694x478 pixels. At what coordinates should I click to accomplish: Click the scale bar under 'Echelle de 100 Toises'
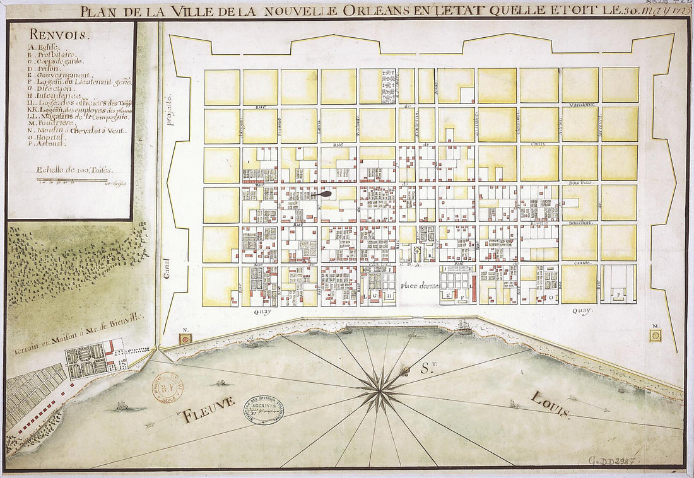(71, 181)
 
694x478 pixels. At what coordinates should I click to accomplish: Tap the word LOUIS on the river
(550, 404)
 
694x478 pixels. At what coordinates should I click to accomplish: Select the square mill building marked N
(185, 339)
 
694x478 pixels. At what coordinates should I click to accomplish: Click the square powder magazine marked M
(656, 335)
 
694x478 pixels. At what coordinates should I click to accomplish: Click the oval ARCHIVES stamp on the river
(264, 410)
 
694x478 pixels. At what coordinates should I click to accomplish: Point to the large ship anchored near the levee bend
(464, 327)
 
